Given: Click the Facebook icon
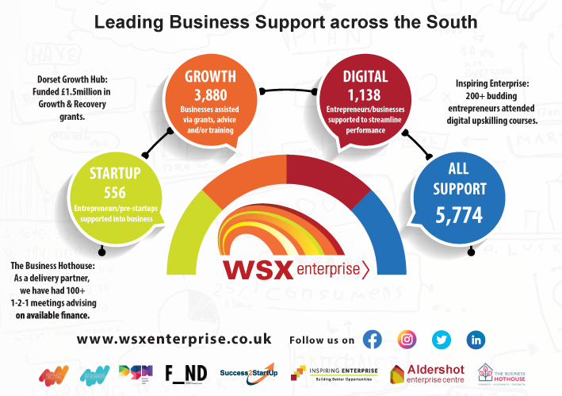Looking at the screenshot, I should pyautogui.click(x=372, y=340).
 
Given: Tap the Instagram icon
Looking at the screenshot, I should pyautogui.click(x=407, y=340).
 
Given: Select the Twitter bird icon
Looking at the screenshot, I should pyautogui.click(x=442, y=340).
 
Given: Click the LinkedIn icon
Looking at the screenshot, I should pyautogui.click(x=476, y=340).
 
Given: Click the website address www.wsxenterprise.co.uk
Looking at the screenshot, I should pyautogui.click(x=174, y=339).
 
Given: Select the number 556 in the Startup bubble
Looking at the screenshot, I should pyautogui.click(x=115, y=192).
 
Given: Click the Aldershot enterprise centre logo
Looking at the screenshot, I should pyautogui.click(x=428, y=373).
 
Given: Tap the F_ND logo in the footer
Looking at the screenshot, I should pyautogui.click(x=185, y=372).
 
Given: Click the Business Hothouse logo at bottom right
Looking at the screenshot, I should pyautogui.click(x=504, y=373).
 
